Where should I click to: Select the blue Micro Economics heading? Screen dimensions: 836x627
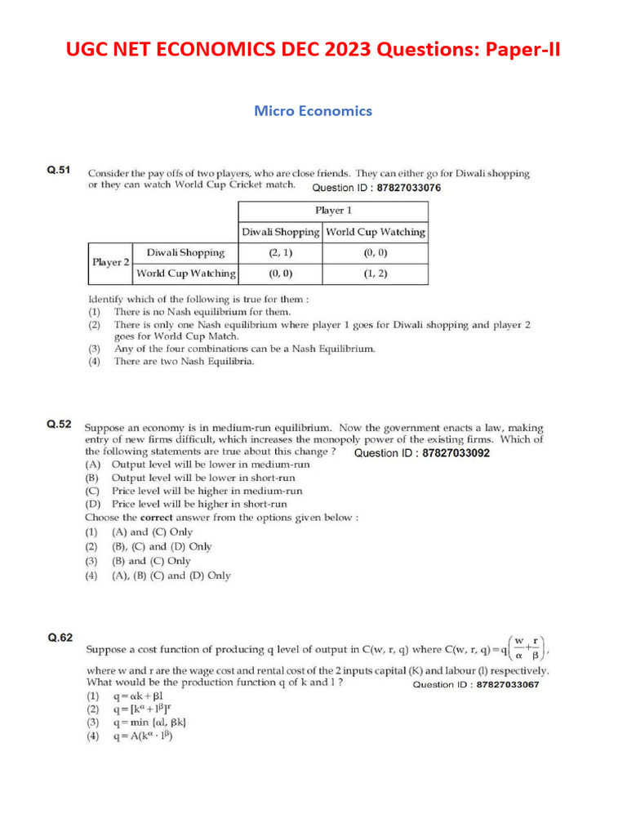pos(313,110)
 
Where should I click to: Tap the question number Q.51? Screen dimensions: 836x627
pos(59,171)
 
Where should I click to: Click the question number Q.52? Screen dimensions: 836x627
pos(59,424)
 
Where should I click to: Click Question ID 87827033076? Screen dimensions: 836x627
pos(376,188)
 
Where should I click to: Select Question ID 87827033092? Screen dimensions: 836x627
pos(422,453)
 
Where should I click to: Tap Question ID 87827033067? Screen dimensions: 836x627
pos(476,685)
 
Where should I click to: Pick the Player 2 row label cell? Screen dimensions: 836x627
pos(110,263)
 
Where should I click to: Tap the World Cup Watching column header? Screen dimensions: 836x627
pos(375,232)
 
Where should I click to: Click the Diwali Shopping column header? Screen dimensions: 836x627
pos(280,232)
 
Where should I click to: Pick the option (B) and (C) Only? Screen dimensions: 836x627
pos(150,561)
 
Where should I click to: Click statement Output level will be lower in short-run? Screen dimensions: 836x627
pos(202,478)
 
